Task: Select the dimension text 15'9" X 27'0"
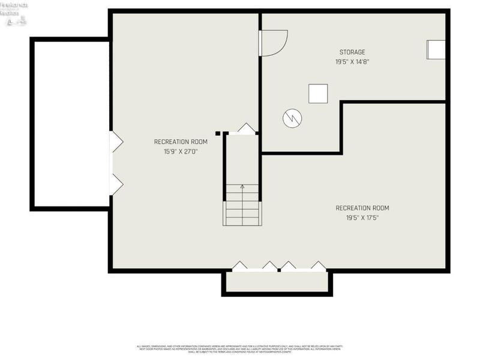point(181,151)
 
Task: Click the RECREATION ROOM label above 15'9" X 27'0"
point(181,142)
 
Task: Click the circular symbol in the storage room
point(292,118)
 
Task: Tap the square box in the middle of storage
point(318,94)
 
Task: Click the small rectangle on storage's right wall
point(436,50)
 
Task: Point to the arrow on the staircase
point(242,188)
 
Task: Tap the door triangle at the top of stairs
point(246,128)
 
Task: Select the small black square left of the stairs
point(218,133)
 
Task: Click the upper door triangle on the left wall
point(116,142)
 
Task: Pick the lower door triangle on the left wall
point(116,184)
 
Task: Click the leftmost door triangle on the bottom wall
point(240,266)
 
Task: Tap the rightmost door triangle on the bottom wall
point(318,266)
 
